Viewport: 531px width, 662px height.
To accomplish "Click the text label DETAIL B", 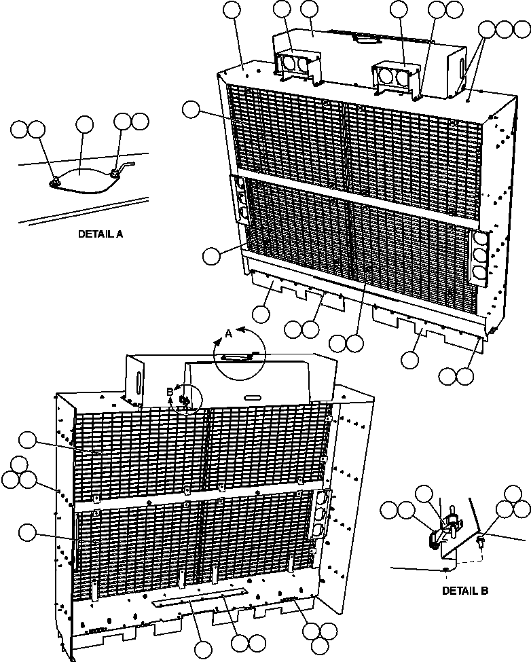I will coord(465,591).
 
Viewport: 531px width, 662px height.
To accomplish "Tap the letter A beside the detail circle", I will coord(228,333).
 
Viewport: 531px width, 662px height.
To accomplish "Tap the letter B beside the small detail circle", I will coord(170,391).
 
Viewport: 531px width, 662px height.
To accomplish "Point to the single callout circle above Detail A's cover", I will coord(84,124).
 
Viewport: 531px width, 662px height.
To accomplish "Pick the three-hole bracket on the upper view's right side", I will coord(479,257).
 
